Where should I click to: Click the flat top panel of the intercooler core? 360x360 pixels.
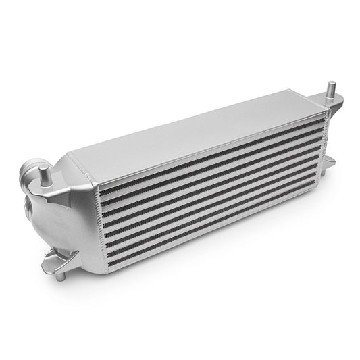point(203,135)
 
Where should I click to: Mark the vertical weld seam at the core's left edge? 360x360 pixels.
point(99,233)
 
